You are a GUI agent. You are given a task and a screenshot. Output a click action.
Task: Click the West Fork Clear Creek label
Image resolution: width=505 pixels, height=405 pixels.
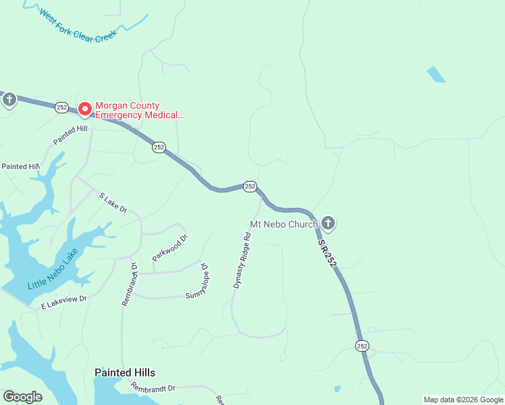click(x=78, y=26)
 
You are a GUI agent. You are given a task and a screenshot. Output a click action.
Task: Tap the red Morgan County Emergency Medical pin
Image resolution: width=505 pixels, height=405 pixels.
click(x=85, y=109)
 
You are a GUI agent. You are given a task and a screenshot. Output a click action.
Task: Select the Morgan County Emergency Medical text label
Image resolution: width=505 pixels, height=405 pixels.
click(x=139, y=110)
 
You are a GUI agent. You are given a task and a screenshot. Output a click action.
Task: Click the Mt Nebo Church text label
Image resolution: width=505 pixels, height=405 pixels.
click(x=284, y=224)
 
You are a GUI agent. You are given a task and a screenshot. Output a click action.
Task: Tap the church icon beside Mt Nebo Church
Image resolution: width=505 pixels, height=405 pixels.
click(x=328, y=223)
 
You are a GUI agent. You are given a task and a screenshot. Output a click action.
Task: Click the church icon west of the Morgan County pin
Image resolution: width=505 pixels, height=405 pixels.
click(x=9, y=101)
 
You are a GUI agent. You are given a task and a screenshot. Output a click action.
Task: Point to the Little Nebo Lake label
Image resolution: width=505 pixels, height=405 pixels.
click(x=53, y=269)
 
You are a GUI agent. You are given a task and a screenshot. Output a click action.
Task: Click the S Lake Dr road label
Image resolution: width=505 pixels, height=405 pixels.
click(x=113, y=202)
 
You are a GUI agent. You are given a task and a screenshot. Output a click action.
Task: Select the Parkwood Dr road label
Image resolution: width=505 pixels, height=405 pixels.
click(x=169, y=248)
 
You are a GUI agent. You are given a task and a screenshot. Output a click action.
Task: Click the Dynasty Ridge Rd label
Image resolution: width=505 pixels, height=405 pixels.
click(x=242, y=260)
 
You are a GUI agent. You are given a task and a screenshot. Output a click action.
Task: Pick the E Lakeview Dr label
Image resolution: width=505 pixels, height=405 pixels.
click(x=64, y=302)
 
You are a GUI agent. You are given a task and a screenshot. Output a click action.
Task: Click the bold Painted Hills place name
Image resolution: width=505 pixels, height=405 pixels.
click(x=125, y=373)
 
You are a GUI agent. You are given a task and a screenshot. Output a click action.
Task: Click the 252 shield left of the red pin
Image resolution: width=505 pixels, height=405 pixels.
click(x=62, y=107)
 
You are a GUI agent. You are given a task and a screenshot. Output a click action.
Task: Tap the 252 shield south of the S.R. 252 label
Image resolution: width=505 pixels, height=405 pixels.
click(x=362, y=346)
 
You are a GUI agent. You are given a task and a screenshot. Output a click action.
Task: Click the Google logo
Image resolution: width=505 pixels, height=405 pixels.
click(x=22, y=397)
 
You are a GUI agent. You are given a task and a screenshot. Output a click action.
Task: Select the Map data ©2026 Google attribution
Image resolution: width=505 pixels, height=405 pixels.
click(x=462, y=400)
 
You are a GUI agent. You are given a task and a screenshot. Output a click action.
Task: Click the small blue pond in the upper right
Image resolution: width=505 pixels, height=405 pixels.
click(x=436, y=74)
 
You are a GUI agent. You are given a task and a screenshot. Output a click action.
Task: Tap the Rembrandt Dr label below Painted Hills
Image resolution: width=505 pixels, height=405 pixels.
click(x=153, y=388)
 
